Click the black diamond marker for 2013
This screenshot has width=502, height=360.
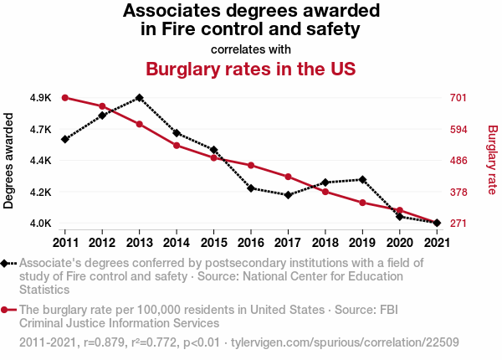point(139,97)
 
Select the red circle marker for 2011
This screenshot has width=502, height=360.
point(64,98)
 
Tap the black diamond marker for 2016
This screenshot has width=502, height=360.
point(250,188)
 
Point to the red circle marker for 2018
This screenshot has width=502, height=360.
point(325,192)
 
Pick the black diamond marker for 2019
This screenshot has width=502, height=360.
point(361,179)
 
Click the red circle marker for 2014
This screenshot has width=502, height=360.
point(177,146)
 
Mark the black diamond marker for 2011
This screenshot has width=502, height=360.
point(64,139)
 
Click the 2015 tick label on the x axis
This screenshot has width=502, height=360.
point(213,243)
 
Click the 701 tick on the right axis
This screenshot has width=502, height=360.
point(458,98)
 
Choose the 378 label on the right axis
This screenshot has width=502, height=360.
point(458,192)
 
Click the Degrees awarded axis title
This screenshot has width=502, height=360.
point(9,161)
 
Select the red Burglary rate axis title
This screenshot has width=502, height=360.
point(492,161)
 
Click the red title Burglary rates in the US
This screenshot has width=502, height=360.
point(251,69)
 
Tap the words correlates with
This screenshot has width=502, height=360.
point(251,49)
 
